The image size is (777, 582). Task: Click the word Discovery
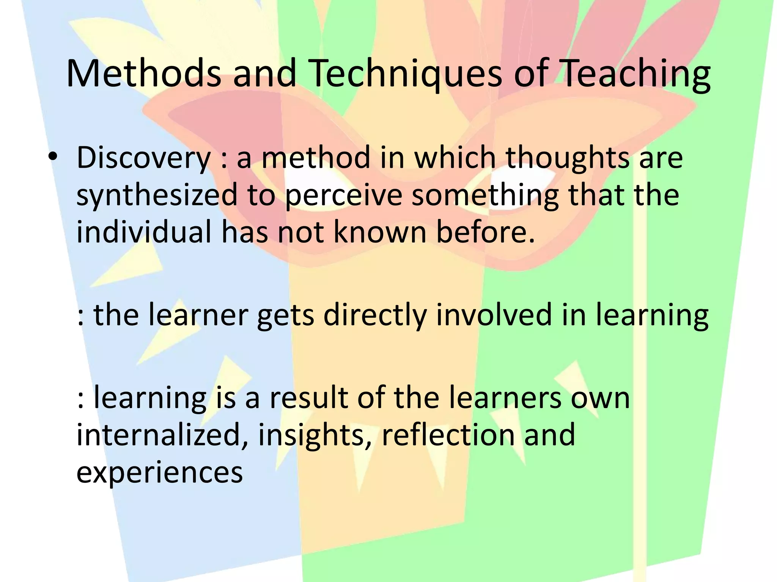click(x=143, y=158)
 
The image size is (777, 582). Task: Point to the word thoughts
click(x=568, y=158)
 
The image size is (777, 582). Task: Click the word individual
click(x=144, y=232)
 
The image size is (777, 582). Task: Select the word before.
click(x=486, y=232)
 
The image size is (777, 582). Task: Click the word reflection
click(x=448, y=435)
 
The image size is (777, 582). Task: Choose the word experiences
click(x=159, y=472)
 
